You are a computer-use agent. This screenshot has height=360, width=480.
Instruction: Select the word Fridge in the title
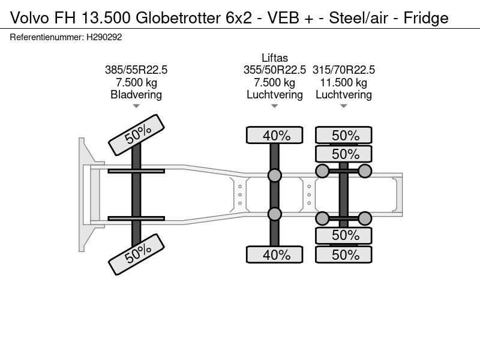[x=425, y=18]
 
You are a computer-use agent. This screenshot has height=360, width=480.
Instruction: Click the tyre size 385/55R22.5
[x=136, y=70]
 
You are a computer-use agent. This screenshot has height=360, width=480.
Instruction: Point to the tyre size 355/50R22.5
[x=275, y=70]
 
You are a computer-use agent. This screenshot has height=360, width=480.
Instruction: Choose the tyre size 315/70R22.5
[x=344, y=70]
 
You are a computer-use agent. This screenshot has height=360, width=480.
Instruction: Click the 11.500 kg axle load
[x=344, y=82]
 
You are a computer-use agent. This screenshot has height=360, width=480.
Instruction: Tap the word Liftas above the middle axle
[x=275, y=58]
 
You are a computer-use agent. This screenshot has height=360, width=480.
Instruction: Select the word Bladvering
[x=136, y=94]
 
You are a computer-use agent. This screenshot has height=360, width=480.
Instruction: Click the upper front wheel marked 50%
[x=136, y=136]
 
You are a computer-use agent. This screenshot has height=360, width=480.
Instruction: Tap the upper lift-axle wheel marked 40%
[x=275, y=136]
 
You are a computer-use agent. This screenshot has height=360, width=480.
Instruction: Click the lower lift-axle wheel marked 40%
[x=275, y=254]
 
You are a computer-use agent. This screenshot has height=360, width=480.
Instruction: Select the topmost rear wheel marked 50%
[x=344, y=136]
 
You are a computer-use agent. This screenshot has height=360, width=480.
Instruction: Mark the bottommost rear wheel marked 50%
[x=344, y=254]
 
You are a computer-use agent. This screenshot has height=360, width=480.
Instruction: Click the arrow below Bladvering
[x=136, y=106]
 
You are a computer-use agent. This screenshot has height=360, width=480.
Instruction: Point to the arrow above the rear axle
[x=344, y=106]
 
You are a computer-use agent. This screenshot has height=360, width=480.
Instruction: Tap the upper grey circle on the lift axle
[x=275, y=175]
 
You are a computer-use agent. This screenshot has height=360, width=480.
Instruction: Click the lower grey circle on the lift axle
[x=275, y=214]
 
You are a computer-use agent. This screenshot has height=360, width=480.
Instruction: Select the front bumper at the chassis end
[x=84, y=193]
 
